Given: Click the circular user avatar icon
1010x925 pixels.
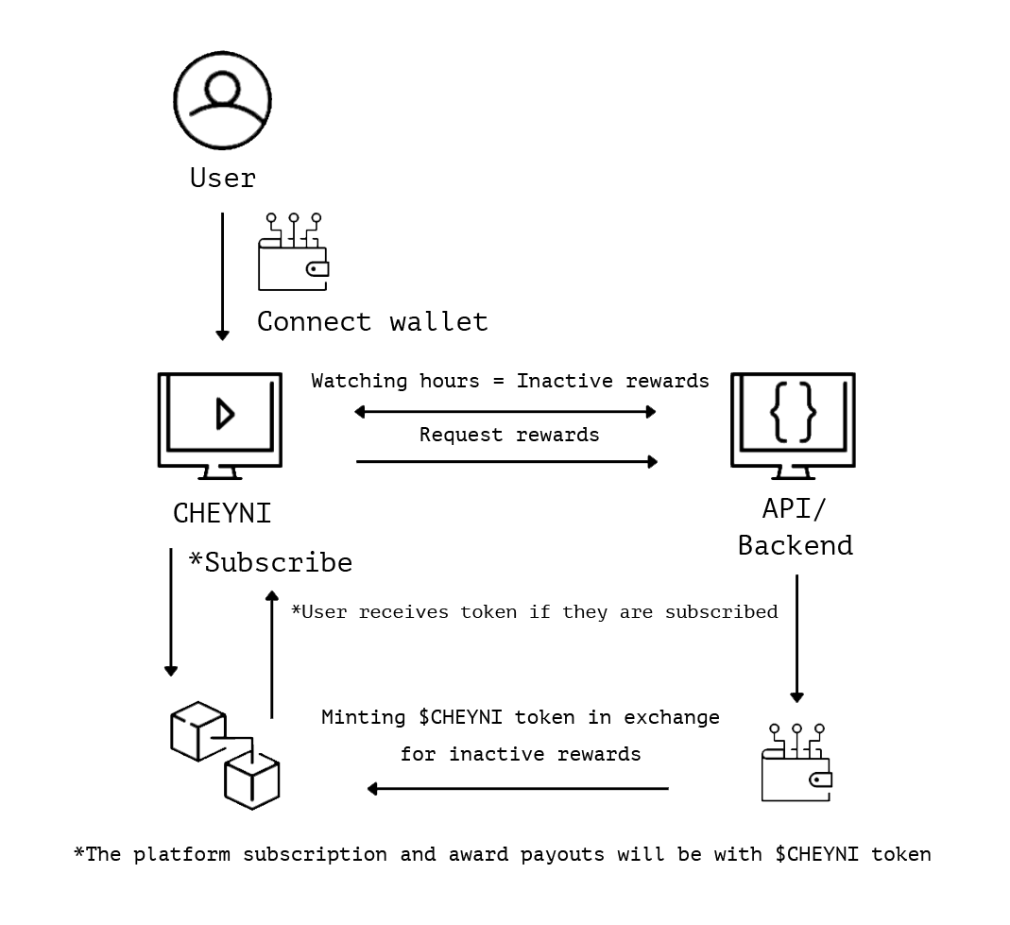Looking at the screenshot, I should [x=222, y=100].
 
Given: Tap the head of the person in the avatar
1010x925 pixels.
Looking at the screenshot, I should [x=222, y=90].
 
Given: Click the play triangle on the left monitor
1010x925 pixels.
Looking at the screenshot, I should [x=224, y=414].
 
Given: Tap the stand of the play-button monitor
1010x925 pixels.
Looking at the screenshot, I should [x=219, y=471].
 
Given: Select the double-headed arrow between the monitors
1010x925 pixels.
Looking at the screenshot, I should [x=505, y=412].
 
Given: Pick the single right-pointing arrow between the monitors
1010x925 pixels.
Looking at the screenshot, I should [x=506, y=462].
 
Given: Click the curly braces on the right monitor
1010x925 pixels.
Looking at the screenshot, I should [x=793, y=413].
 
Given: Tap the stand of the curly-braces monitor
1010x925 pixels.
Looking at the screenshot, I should [x=793, y=471].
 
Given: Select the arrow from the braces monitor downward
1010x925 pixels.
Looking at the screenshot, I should [x=796, y=639].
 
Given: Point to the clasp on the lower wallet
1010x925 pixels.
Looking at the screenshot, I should [x=819, y=779].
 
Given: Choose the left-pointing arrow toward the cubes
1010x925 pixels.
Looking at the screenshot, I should [x=517, y=789].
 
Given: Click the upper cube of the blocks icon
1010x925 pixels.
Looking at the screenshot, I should [x=197, y=730].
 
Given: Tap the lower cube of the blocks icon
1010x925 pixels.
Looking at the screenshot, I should [x=252, y=780].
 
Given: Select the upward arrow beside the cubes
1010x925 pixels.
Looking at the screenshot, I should [x=272, y=654].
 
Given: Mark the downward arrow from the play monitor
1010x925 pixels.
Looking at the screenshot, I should [x=171, y=612].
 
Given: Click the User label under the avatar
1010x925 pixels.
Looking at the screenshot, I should [x=222, y=178].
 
